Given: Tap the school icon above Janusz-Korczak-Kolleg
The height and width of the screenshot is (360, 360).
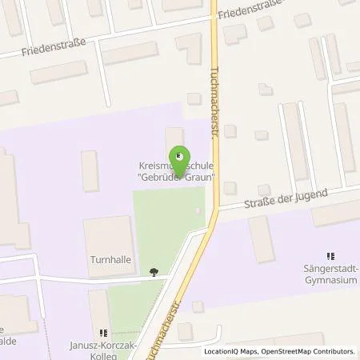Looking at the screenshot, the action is (x=102, y=332).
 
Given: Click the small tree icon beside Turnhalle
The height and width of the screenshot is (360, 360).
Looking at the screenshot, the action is (x=154, y=272).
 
